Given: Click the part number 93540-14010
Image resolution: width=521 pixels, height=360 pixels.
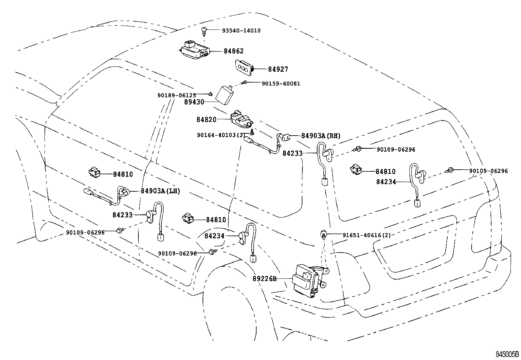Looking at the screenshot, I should pos(241,30).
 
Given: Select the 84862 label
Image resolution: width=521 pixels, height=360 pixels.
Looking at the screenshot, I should pos(234,51).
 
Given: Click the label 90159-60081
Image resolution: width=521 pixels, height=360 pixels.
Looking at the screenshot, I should pos(281,84).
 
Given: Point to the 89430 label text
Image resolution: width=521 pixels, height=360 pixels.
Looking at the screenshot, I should pos(194,102).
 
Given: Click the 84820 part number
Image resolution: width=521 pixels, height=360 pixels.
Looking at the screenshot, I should pos(207,120).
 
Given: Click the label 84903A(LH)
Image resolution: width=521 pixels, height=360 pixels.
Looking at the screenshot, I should pos(160,191).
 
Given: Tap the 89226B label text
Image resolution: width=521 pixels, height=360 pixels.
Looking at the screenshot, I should pos(264,279).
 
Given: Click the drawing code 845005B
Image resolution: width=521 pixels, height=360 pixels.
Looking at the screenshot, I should pos(507,354).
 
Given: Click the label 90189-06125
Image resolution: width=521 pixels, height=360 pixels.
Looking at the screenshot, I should pos(177,95).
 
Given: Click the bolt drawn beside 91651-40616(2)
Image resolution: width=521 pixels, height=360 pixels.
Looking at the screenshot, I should pos(323,234).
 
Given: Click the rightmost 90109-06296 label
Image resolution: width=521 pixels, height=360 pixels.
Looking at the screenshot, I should pos(489,171).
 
